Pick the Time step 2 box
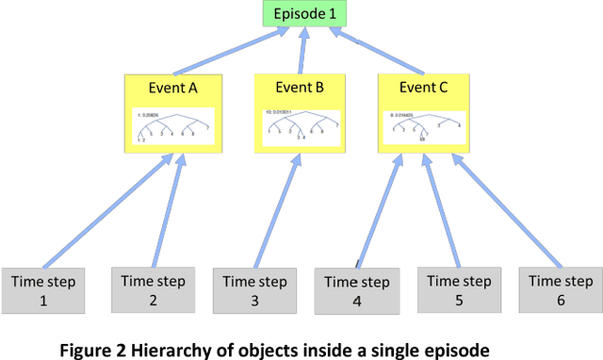pyautogui.click(x=150, y=288)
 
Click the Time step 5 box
pyautogui.click(x=457, y=288)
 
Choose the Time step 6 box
pyautogui.click(x=559, y=288)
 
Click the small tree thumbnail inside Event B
pyautogui.click(x=301, y=123)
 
